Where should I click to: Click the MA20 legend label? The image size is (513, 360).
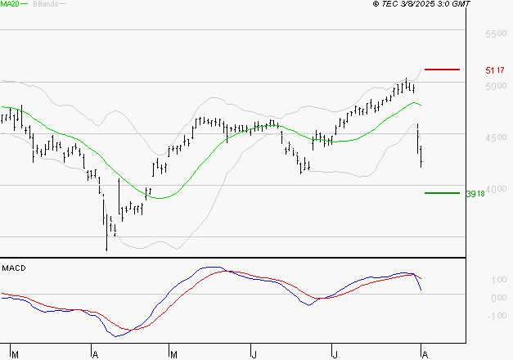(9, 4)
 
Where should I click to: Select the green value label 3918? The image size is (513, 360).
(475, 194)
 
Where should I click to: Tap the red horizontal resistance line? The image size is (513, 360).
(442, 70)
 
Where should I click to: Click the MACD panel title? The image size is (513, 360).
(13, 268)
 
